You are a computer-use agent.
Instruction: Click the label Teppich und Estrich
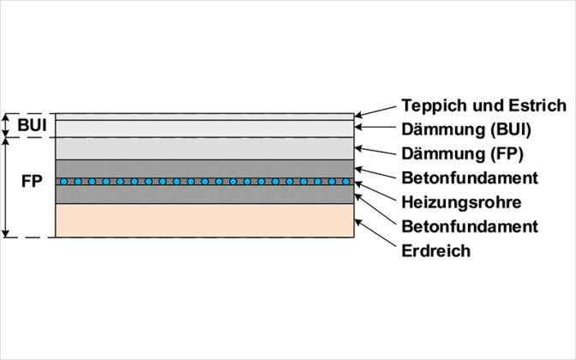(483, 105)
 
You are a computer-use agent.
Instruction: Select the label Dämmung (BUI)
(465, 130)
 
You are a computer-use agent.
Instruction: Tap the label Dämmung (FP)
(460, 154)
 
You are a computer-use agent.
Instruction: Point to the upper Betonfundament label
(469, 178)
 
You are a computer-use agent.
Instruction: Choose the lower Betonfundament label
(469, 226)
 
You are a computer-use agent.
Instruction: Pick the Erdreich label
(435, 250)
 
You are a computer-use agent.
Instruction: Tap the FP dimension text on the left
(31, 183)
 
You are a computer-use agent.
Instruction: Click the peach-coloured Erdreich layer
(204, 219)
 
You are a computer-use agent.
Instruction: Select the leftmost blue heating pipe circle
(63, 182)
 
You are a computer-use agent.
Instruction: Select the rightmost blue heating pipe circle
(345, 182)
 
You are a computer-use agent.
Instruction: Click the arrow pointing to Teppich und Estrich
(375, 111)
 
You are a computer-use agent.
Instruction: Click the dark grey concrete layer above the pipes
(204, 168)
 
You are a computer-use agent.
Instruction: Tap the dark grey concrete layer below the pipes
(204, 195)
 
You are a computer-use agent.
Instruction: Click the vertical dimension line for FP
(7, 187)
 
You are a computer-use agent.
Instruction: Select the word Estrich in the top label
(539, 105)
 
